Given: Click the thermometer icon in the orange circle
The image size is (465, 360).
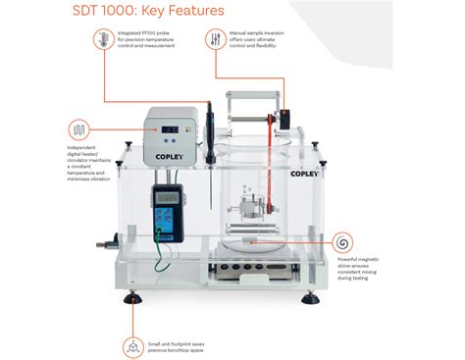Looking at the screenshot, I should [x=101, y=40].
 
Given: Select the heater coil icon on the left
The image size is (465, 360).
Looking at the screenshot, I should [x=77, y=129].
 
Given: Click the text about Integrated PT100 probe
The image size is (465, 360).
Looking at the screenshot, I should [x=146, y=41].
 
